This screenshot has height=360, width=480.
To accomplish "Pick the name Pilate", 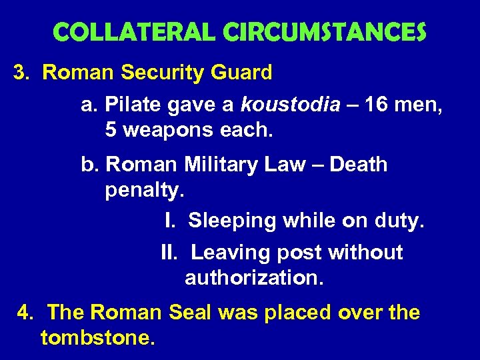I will click(x=133, y=105).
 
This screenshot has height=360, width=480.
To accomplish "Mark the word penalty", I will click(x=143, y=190).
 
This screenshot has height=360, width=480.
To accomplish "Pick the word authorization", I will click(x=254, y=277).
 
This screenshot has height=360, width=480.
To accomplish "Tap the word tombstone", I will click(x=97, y=338).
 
